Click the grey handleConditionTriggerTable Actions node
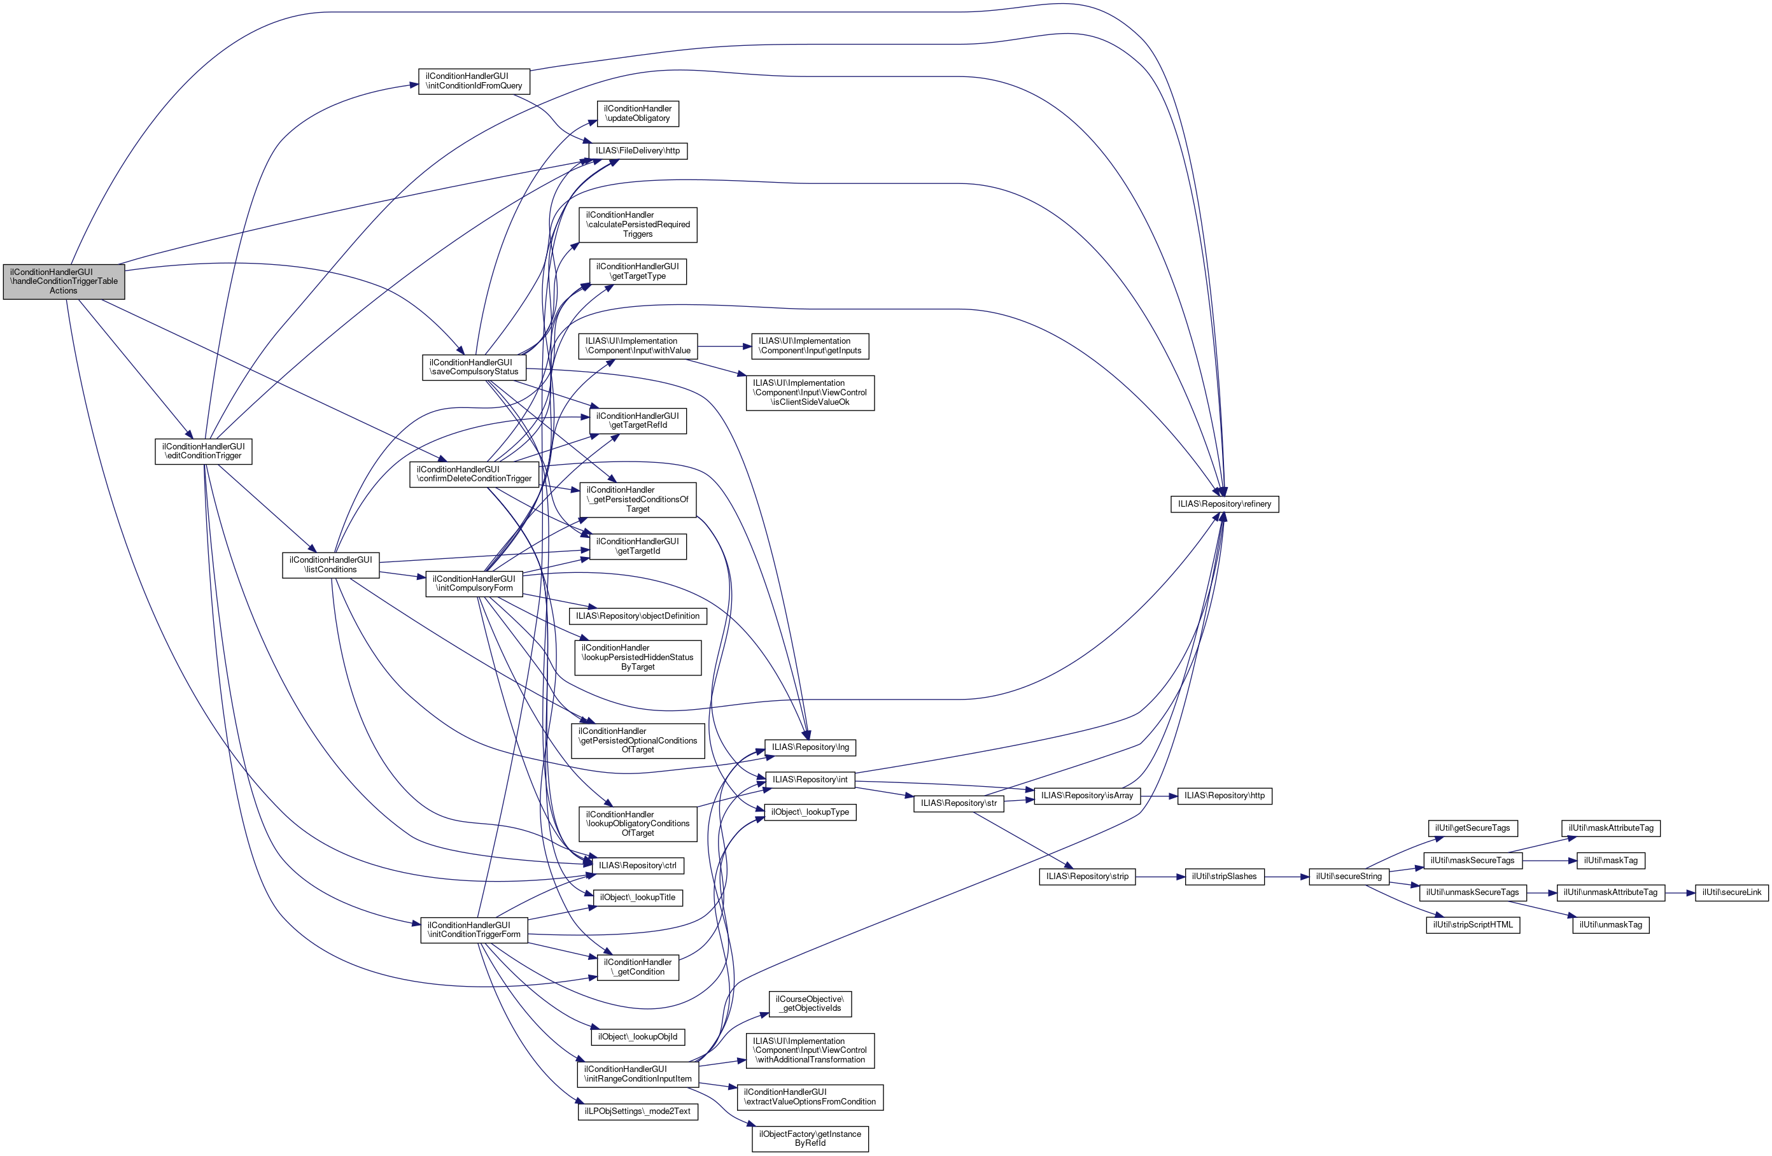63,281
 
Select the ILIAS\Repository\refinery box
1224,504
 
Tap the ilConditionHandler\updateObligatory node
637,113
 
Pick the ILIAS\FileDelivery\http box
637,150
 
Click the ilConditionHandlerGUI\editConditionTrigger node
203,451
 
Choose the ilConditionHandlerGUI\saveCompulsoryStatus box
474,367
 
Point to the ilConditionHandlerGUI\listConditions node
330,565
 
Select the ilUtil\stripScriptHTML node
1472,925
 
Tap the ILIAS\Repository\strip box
1087,877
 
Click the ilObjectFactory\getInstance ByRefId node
810,1139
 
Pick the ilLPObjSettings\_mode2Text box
637,1111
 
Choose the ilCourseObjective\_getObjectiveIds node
810,1004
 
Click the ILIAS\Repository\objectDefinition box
637,616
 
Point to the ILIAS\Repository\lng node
810,747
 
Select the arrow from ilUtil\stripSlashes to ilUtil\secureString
1286,877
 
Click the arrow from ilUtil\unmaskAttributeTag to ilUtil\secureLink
1680,892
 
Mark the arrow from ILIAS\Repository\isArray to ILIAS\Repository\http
1158,796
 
